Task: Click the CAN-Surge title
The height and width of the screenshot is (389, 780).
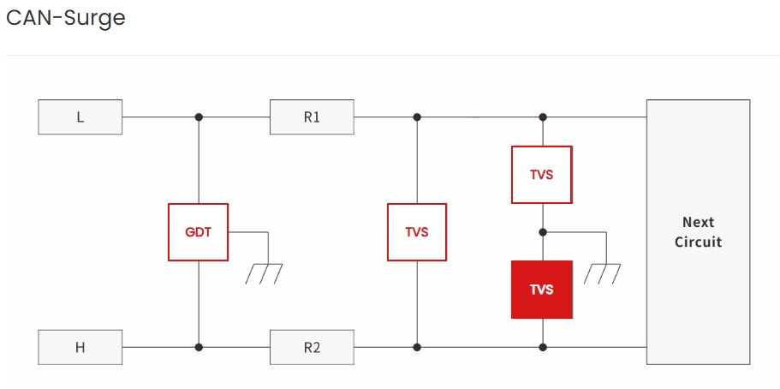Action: (66, 18)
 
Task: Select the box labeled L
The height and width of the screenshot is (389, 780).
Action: (80, 117)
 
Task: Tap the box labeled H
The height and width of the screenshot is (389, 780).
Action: (80, 347)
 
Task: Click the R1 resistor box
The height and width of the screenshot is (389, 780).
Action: (312, 117)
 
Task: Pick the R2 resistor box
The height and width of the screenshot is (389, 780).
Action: (312, 347)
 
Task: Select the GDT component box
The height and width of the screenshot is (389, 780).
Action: (199, 232)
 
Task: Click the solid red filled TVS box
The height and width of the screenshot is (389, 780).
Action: (541, 290)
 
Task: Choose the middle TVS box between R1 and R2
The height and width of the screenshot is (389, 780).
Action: (417, 232)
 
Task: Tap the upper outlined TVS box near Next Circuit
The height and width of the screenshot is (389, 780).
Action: (541, 175)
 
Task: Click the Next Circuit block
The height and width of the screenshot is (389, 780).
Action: (698, 232)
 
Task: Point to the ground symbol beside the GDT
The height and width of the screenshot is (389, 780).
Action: (265, 273)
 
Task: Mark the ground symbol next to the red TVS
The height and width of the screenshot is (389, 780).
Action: (603, 273)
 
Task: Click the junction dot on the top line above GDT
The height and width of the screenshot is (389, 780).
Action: (199, 117)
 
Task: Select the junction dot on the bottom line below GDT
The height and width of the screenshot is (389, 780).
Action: (199, 347)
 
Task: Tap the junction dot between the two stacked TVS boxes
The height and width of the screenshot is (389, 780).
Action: (541, 231)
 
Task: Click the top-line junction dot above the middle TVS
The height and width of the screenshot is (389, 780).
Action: (417, 117)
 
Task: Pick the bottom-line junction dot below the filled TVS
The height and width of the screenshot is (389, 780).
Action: (541, 347)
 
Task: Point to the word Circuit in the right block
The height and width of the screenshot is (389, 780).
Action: (698, 242)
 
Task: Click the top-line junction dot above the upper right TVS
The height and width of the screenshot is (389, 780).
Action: (541, 117)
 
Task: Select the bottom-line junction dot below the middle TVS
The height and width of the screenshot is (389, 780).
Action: (417, 347)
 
